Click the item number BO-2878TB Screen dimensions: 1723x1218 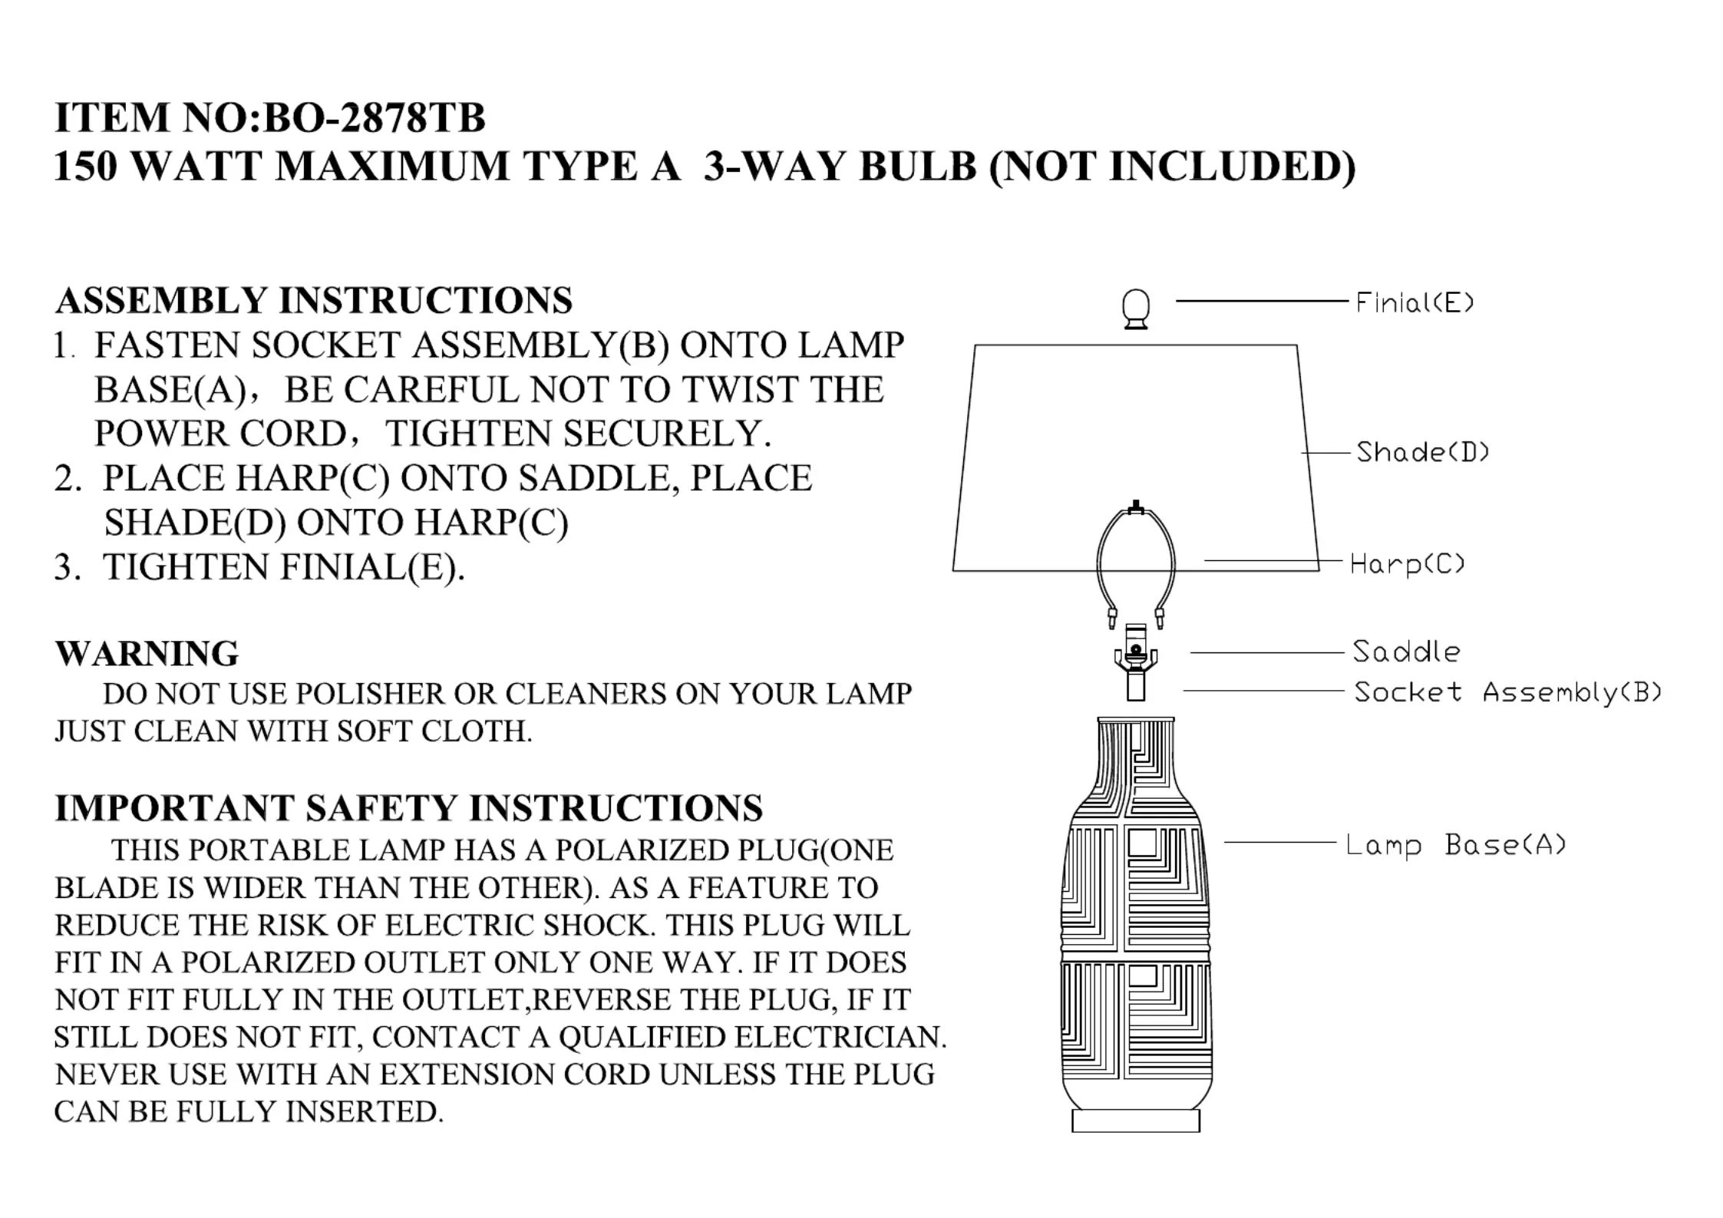point(375,117)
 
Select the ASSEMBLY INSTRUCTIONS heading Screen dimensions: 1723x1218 point(313,300)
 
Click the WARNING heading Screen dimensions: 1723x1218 point(147,654)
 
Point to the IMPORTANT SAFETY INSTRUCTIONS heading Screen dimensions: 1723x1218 point(408,808)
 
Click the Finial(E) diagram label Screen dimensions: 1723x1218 point(1414,302)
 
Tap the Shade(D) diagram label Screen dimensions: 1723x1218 point(1422,452)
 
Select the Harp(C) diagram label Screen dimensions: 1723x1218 point(1407,564)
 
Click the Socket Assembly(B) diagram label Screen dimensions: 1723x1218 point(1507,692)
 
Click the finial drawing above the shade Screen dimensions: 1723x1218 point(1136,309)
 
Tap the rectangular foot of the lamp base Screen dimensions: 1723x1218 point(1135,1121)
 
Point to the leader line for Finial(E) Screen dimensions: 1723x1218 point(1261,301)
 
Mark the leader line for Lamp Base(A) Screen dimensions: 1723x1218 point(1279,843)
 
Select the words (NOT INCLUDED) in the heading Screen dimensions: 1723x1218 point(1172,166)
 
